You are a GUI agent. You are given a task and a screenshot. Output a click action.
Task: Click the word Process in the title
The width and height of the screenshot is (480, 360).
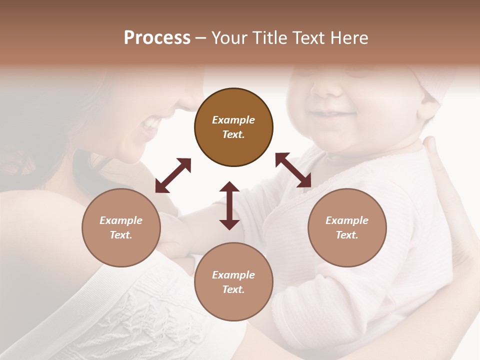[157, 37]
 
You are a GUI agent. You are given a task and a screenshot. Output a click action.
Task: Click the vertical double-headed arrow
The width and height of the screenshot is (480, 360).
[229, 205]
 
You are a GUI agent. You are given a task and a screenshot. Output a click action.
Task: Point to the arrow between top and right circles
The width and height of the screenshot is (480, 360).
[293, 170]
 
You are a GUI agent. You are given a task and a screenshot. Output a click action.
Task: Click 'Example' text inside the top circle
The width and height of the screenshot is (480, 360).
[233, 120]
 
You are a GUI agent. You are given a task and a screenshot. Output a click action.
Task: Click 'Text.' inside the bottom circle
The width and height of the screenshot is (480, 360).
[233, 289]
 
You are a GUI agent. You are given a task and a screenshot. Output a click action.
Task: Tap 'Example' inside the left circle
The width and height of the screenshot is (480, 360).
[121, 220]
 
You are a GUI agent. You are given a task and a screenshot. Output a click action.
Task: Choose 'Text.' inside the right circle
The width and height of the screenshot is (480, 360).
[347, 235]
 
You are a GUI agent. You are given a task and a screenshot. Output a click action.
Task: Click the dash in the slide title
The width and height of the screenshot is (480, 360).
[201, 38]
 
